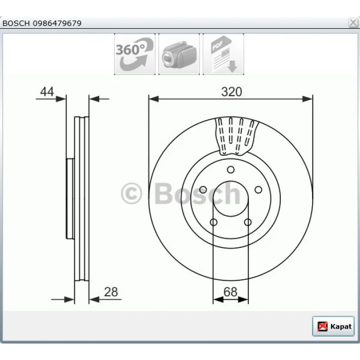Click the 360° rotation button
[x=135, y=54]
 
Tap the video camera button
[x=179, y=54]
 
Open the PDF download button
[x=223, y=54]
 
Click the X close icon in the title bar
[x=353, y=23]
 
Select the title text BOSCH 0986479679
[x=42, y=23]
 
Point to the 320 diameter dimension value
[x=231, y=92]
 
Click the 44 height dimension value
[x=47, y=92]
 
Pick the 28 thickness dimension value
[x=111, y=292]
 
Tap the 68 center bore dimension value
[x=230, y=292]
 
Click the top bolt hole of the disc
[x=230, y=170]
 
